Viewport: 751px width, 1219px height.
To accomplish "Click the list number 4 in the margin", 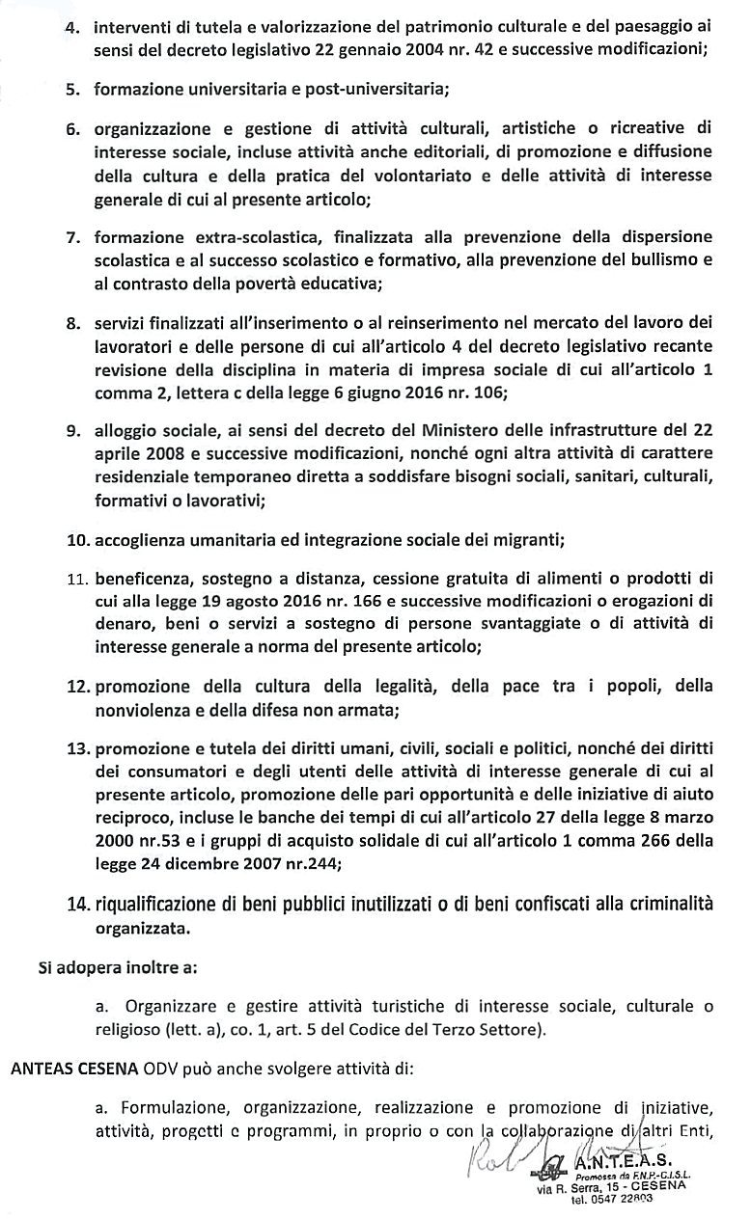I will (71, 28).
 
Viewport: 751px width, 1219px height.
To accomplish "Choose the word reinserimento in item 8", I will (349, 323).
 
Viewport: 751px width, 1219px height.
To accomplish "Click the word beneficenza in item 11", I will (141, 579).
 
